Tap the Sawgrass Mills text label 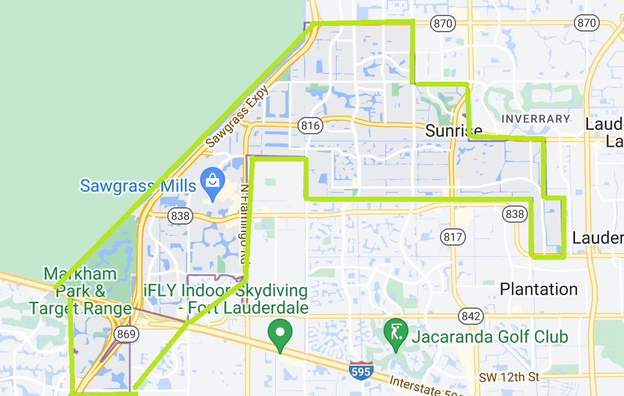tap(138, 185)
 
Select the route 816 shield tap(310, 126)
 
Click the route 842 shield tap(471, 316)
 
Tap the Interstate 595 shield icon tap(361, 371)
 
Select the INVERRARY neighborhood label tap(535, 118)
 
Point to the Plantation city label tap(538, 289)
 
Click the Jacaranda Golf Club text tap(489, 337)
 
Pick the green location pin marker tap(280, 334)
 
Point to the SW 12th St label tap(509, 377)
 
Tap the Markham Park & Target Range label tap(80, 291)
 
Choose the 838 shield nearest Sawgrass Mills tap(180, 215)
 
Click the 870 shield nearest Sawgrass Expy tap(444, 23)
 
